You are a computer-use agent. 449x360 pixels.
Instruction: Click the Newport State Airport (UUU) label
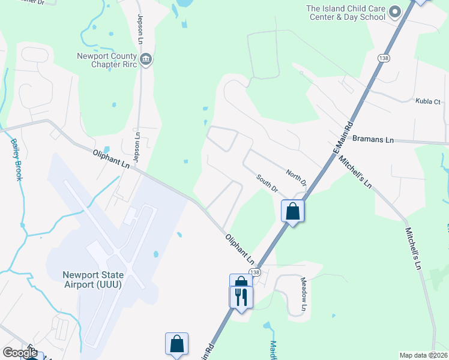pos(93,280)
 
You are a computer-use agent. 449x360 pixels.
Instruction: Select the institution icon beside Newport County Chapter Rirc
pos(146,59)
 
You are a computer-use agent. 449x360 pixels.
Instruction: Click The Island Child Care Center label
pos(345,13)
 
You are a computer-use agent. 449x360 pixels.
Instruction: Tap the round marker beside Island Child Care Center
pos(394,12)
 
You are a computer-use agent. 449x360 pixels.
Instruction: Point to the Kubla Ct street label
pos(428,102)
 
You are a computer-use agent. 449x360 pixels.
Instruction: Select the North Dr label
pos(296,178)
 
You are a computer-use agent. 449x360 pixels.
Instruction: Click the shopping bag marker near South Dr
pos(292,211)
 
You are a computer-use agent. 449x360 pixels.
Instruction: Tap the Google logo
pos(20,353)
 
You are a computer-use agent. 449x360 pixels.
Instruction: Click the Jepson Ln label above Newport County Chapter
pos(140,28)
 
